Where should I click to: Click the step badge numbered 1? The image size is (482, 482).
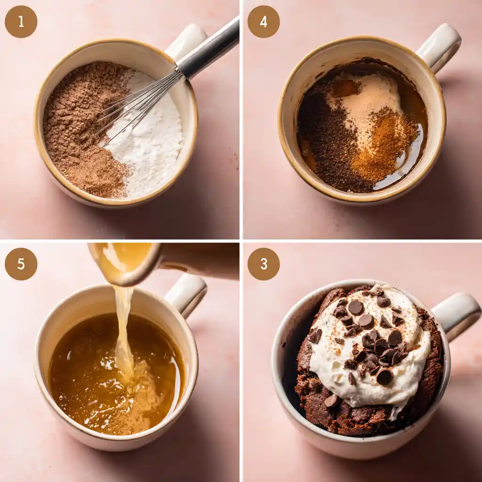(x=21, y=22)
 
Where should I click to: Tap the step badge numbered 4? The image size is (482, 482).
(x=264, y=22)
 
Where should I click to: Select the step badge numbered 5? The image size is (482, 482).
(x=21, y=264)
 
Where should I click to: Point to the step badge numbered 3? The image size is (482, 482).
(x=264, y=264)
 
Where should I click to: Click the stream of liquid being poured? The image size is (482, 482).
(x=123, y=329)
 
